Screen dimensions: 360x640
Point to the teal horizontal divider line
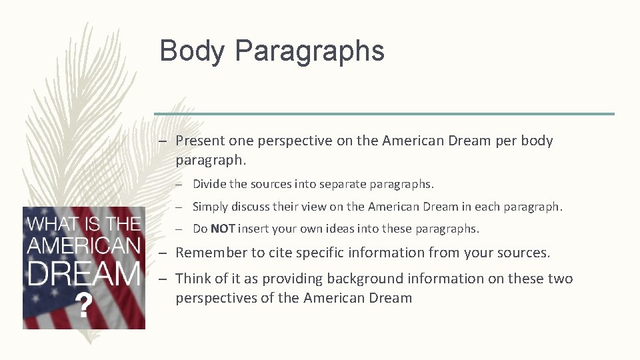pyautogui.click(x=384, y=114)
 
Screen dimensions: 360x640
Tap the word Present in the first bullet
pyautogui.click(x=200, y=141)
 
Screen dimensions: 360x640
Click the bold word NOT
pyautogui.click(x=223, y=229)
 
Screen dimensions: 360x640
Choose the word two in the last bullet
pyautogui.click(x=559, y=279)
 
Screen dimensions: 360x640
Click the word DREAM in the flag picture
pyautogui.click(x=83, y=273)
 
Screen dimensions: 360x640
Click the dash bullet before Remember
pyautogui.click(x=161, y=253)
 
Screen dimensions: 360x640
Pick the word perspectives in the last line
pyautogui.click(x=216, y=298)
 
